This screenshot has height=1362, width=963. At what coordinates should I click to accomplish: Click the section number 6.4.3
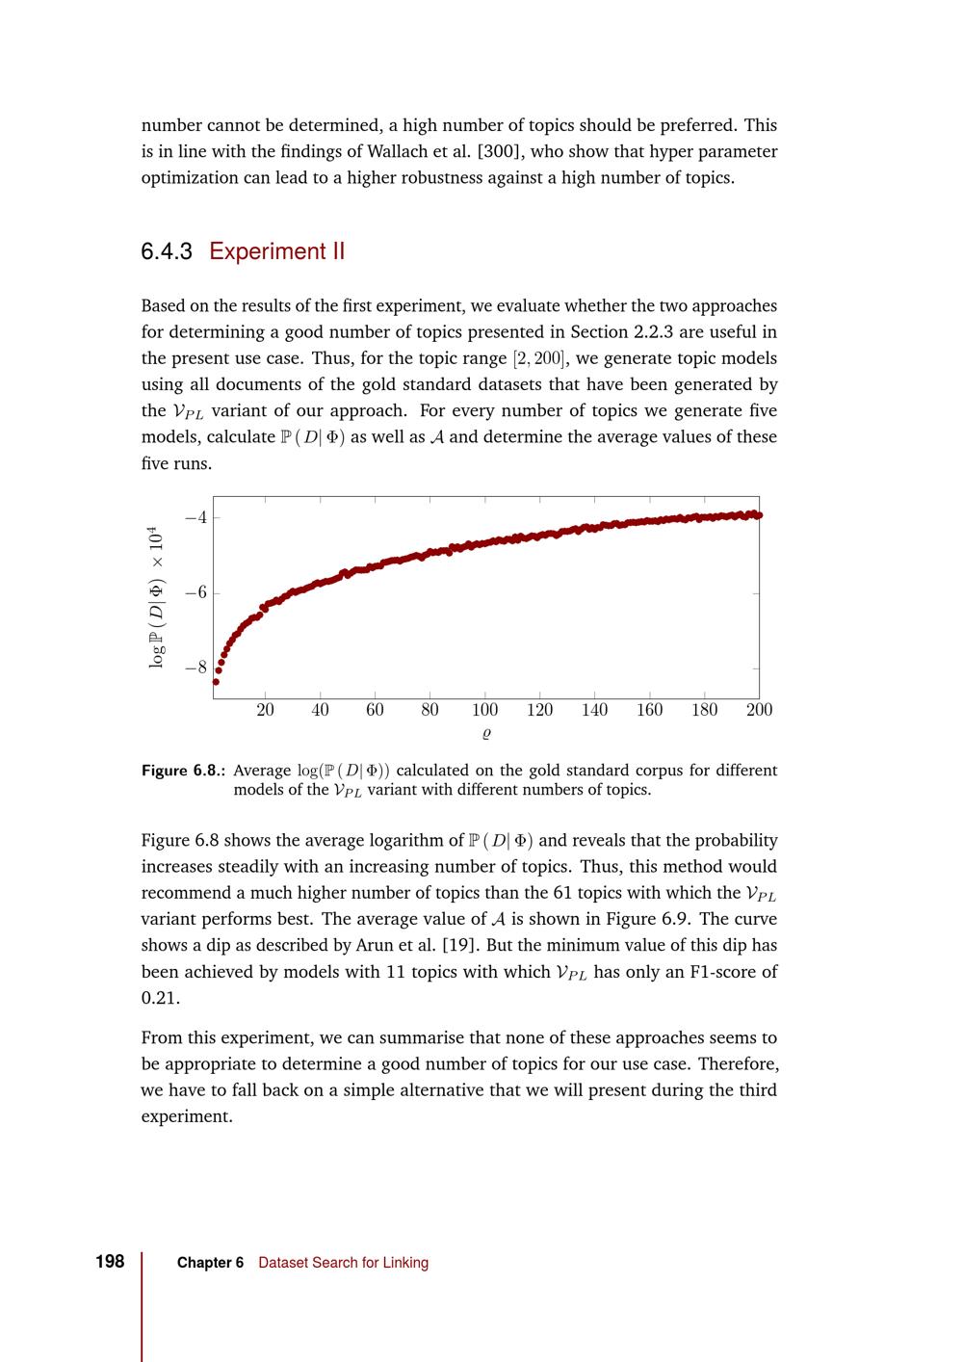[167, 252]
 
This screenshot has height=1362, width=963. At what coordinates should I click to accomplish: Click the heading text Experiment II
[276, 252]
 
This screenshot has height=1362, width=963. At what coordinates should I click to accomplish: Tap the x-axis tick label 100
[484, 710]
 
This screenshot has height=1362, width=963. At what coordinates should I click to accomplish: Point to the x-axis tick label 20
[265, 710]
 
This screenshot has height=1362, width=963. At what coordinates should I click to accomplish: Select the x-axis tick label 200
[759, 710]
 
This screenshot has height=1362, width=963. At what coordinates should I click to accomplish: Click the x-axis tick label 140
[594, 710]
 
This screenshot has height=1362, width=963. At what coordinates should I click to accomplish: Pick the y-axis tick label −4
[195, 517]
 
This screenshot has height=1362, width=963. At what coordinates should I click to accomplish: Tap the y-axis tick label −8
[195, 668]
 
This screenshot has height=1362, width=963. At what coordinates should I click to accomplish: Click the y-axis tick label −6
[195, 592]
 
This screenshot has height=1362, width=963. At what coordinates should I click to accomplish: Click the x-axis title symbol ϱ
[486, 734]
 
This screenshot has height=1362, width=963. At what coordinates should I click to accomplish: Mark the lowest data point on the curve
[216, 682]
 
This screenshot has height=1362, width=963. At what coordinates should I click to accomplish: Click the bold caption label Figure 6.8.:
[184, 771]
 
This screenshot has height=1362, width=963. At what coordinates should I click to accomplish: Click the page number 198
[110, 1262]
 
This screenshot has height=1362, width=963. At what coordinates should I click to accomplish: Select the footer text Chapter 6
[210, 1263]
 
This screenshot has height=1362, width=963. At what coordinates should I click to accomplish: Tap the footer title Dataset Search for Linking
[343, 1263]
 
